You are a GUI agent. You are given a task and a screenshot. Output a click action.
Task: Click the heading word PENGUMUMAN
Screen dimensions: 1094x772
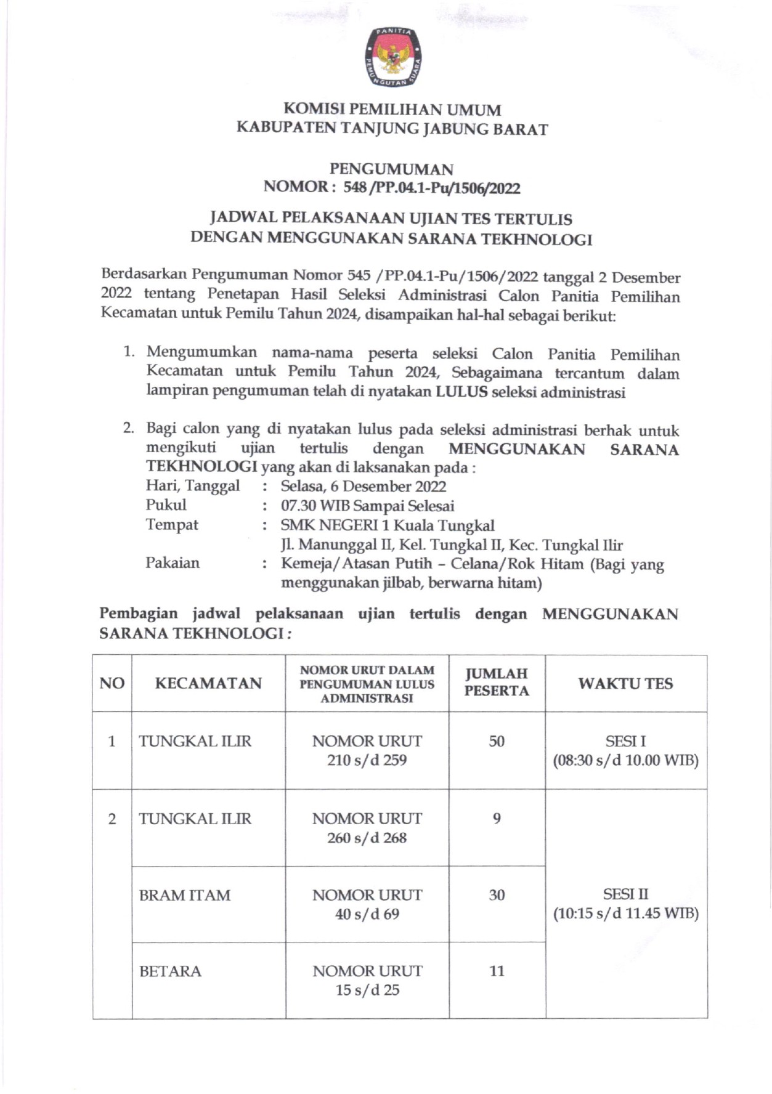tap(391, 169)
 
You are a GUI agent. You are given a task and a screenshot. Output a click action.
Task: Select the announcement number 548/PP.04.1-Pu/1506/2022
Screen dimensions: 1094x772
tap(431, 188)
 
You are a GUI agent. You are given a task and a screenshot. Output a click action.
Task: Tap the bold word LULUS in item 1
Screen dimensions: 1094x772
tap(461, 392)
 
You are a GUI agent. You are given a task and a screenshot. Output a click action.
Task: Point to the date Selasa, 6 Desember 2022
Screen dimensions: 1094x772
tap(363, 487)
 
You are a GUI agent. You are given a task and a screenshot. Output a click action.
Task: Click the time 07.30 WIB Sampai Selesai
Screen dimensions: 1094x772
tap(367, 506)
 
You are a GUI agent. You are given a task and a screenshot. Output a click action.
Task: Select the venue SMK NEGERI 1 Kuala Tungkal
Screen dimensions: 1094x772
tap(387, 525)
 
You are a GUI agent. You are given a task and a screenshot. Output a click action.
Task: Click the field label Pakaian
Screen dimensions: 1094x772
tap(173, 563)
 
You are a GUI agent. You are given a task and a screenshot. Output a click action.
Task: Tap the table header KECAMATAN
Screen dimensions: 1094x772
tap(208, 683)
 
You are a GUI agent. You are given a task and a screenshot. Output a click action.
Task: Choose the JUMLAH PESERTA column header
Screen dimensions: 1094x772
tap(497, 683)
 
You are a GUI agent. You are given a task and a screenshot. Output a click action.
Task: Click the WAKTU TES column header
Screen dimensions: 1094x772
tap(625, 683)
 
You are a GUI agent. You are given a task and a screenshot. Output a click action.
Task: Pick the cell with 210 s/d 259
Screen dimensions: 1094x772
tap(367, 760)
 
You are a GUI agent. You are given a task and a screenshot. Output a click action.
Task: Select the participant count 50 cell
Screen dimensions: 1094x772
tap(497, 741)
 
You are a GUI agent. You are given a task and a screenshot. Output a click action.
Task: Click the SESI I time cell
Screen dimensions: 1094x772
tap(625, 750)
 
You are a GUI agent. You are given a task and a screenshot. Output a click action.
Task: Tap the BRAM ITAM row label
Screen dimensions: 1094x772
tap(185, 895)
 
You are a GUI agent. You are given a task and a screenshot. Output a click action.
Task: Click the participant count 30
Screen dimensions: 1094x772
tap(497, 895)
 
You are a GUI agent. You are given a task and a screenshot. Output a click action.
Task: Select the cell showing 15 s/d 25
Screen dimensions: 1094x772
tap(367, 990)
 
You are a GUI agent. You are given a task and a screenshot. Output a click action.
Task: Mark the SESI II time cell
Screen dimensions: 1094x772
tap(625, 904)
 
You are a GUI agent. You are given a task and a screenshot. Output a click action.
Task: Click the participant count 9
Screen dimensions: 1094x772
tap(497, 819)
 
